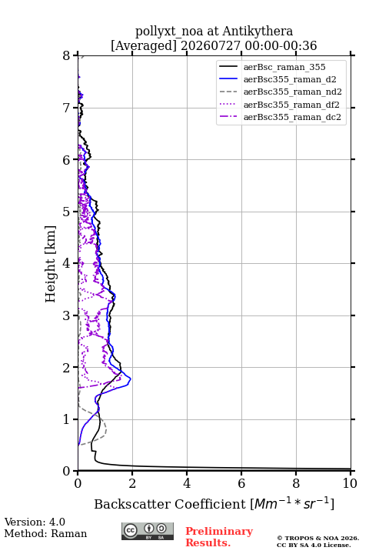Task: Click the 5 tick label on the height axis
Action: pos(67,212)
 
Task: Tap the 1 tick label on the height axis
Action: pos(67,419)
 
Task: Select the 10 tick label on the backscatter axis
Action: pos(350,483)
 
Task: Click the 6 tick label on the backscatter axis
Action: pos(241,483)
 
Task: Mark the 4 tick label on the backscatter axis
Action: pos(187,483)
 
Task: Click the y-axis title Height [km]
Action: pos(50,264)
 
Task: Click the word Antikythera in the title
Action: pos(258,31)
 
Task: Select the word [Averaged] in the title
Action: pos(143,45)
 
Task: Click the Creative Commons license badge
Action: pos(148,532)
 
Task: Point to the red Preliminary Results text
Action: pos(219,537)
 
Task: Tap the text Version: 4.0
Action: pos(35,522)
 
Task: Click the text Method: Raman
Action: pos(45,533)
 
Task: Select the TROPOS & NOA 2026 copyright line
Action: pos(317,538)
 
